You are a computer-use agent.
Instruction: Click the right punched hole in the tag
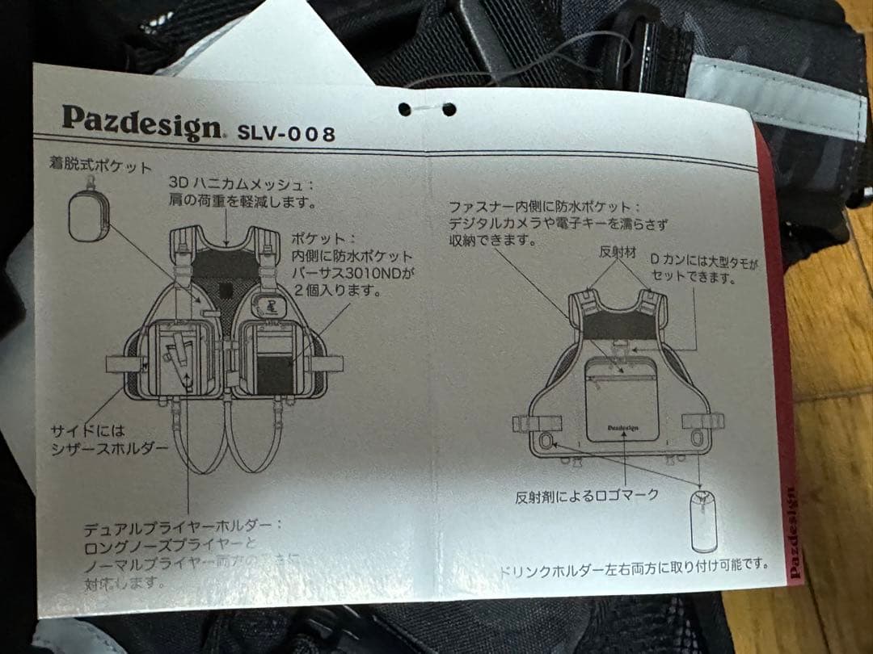[x=449, y=109]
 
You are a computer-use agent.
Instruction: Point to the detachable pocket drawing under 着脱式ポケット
[x=89, y=216]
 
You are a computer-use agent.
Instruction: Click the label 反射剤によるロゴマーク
[x=587, y=495]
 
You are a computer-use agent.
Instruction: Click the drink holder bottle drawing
[x=702, y=519]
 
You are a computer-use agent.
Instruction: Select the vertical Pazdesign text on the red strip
[x=795, y=532]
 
